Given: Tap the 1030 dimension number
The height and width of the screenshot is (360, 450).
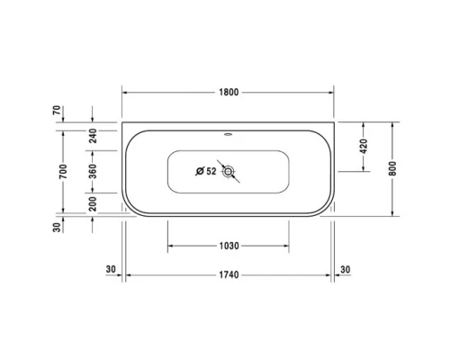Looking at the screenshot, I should (229, 246).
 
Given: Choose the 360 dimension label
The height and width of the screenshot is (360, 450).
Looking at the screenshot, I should (93, 171).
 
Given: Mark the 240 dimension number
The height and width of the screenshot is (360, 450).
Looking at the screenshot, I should (93, 135).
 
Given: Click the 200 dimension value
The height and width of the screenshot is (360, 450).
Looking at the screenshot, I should (93, 204).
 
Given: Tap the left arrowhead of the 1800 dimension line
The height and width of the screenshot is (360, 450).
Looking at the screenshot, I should (126, 92).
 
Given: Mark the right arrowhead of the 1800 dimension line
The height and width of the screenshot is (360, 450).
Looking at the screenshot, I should (331, 92).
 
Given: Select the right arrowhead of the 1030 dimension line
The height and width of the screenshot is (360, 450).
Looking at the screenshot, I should (287, 246).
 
